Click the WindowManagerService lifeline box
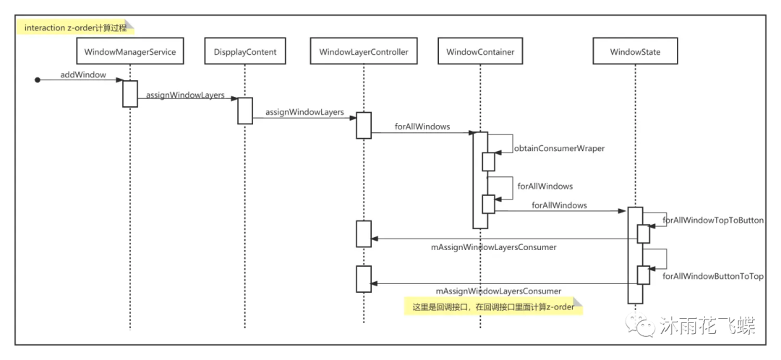[130, 52]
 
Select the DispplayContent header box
[245, 52]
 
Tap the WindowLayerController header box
[364, 52]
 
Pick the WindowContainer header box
[480, 52]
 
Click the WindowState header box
[635, 52]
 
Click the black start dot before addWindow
[38, 80]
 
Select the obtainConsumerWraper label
[559, 148]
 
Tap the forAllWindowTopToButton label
[713, 220]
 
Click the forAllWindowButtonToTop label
[713, 276]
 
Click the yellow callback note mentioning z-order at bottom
[492, 307]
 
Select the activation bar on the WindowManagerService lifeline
[130, 93]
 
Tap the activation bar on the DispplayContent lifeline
[245, 111]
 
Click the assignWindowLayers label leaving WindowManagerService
[185, 95]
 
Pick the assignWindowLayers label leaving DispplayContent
[304, 112]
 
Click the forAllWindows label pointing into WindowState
[559, 205]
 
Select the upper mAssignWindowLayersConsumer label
[494, 247]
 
